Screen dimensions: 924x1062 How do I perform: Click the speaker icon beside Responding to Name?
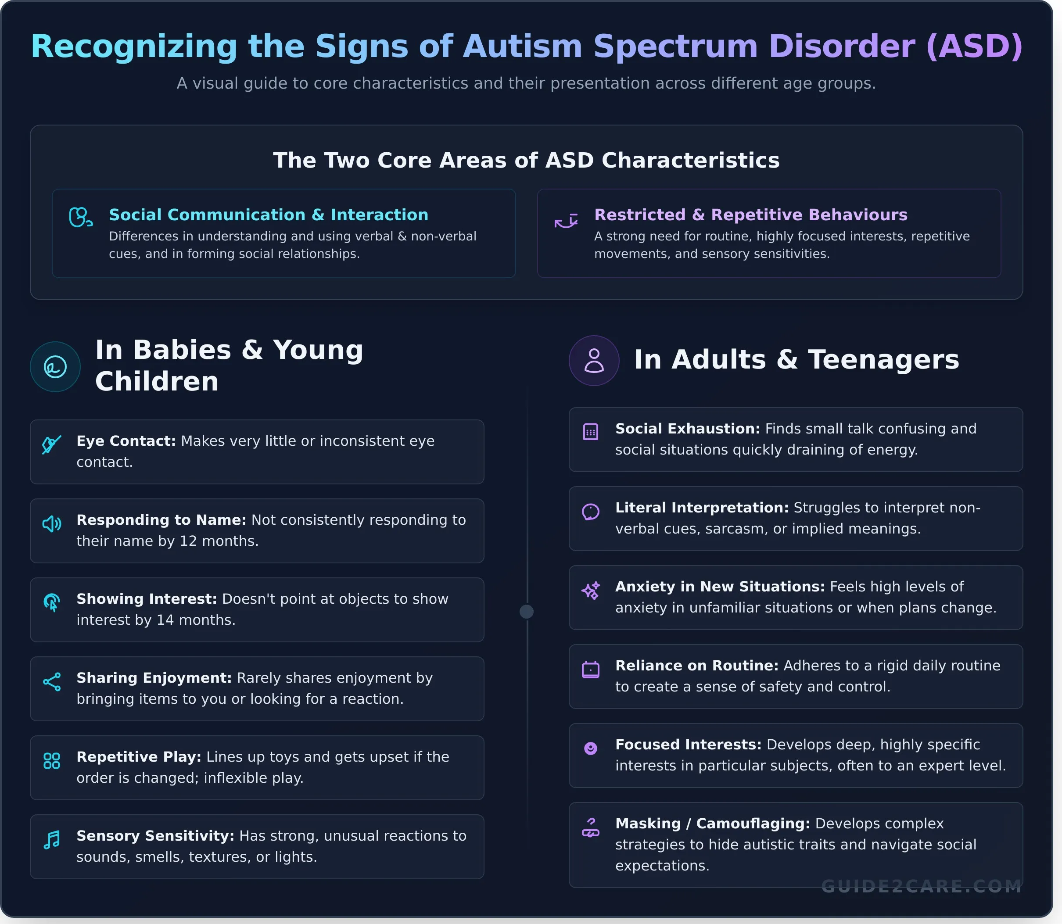pyautogui.click(x=52, y=524)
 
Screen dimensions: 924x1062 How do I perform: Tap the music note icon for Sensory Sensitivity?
pyautogui.click(x=52, y=840)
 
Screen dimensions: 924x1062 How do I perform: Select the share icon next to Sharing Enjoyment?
pyautogui.click(x=52, y=682)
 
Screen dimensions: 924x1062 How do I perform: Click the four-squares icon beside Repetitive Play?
pyautogui.click(x=52, y=760)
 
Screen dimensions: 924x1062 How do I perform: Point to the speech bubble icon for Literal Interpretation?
pyautogui.click(x=591, y=512)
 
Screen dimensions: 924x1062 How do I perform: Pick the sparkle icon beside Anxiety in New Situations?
pyautogui.click(x=591, y=591)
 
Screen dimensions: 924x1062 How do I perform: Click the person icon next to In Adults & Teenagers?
pyautogui.click(x=594, y=360)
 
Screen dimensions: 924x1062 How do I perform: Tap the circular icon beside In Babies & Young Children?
pyautogui.click(x=55, y=367)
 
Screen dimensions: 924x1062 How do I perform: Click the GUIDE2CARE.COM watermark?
pyautogui.click(x=921, y=886)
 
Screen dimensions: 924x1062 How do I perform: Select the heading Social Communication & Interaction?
pyautogui.click(x=268, y=215)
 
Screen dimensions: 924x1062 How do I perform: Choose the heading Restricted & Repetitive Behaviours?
pyautogui.click(x=750, y=215)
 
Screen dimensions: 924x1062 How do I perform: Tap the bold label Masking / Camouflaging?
pyautogui.click(x=712, y=824)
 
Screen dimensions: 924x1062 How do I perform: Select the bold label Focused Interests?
pyautogui.click(x=688, y=745)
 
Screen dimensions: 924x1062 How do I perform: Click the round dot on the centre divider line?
pyautogui.click(x=527, y=612)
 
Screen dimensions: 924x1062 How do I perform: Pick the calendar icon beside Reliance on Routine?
pyautogui.click(x=591, y=669)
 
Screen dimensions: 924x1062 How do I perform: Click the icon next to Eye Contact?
pyautogui.click(x=52, y=444)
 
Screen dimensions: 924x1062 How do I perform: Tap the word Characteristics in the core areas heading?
pyautogui.click(x=690, y=160)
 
